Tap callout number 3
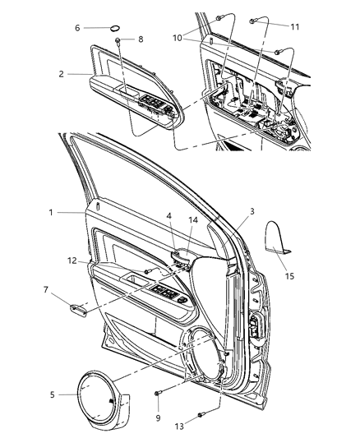(252, 212)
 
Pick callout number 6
(78, 28)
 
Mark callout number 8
(140, 39)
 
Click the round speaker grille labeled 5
(104, 394)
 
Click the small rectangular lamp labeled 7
(80, 309)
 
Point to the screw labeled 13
(200, 416)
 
